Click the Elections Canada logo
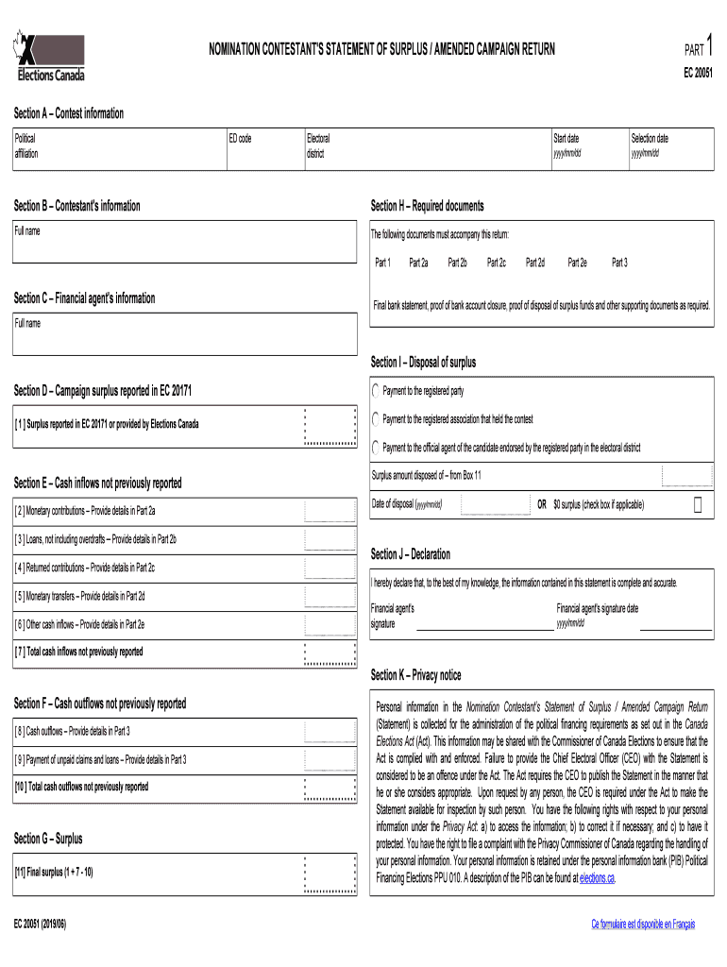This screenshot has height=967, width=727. pyautogui.click(x=49, y=57)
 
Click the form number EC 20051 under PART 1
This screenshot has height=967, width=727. pyautogui.click(x=698, y=72)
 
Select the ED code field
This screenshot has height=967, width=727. pyautogui.click(x=263, y=151)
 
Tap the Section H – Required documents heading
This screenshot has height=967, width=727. pyautogui.click(x=427, y=206)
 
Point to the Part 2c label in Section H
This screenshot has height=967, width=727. pyautogui.click(x=496, y=263)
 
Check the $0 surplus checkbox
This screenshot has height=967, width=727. pyautogui.click(x=698, y=505)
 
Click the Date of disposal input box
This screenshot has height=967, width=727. pyautogui.click(x=496, y=505)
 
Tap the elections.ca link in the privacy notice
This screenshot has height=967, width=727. pyautogui.click(x=597, y=878)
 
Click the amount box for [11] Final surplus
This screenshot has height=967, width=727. pyautogui.click(x=330, y=873)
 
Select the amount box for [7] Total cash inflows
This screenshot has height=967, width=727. pyautogui.click(x=330, y=653)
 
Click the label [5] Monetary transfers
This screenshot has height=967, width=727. pyautogui.click(x=79, y=597)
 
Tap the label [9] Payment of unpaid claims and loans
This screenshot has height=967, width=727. pyautogui.click(x=99, y=759)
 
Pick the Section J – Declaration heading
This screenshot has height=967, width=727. pyautogui.click(x=410, y=554)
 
